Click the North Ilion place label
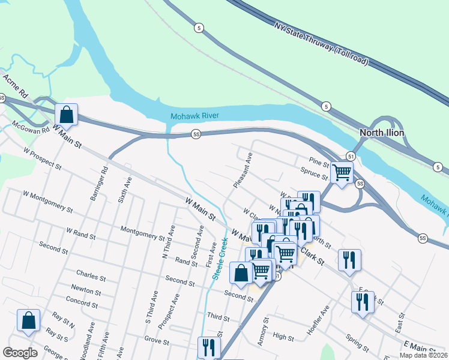tap(381, 133)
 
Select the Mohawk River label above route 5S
tap(194, 116)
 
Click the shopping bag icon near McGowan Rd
tap(66, 115)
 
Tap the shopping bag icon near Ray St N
tap(28, 320)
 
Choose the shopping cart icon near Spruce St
tap(342, 172)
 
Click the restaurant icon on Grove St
tap(209, 347)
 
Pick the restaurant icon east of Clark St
tap(349, 260)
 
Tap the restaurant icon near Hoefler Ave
tap(363, 302)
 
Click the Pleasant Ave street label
tap(243, 170)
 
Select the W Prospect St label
tap(42, 157)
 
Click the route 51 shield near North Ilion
tap(351, 155)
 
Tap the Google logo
tap(20, 353)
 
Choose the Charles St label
tap(91, 278)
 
